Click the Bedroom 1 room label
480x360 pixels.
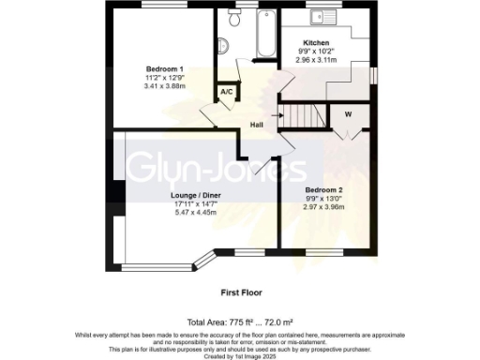pyautogui.click(x=164, y=68)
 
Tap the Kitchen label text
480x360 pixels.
pyautogui.click(x=316, y=42)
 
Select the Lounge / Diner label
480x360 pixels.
pyautogui.click(x=195, y=196)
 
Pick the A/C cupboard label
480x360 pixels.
pyautogui.click(x=226, y=93)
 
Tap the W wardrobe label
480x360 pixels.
pyautogui.click(x=348, y=115)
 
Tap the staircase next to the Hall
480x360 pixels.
pyautogui.click(x=301, y=115)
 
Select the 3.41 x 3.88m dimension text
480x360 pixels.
pyautogui.click(x=164, y=85)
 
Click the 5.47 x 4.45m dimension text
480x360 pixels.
pyautogui.click(x=195, y=213)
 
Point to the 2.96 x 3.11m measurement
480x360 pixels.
pyautogui.click(x=316, y=59)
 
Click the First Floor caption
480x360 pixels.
pyautogui.click(x=239, y=292)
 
